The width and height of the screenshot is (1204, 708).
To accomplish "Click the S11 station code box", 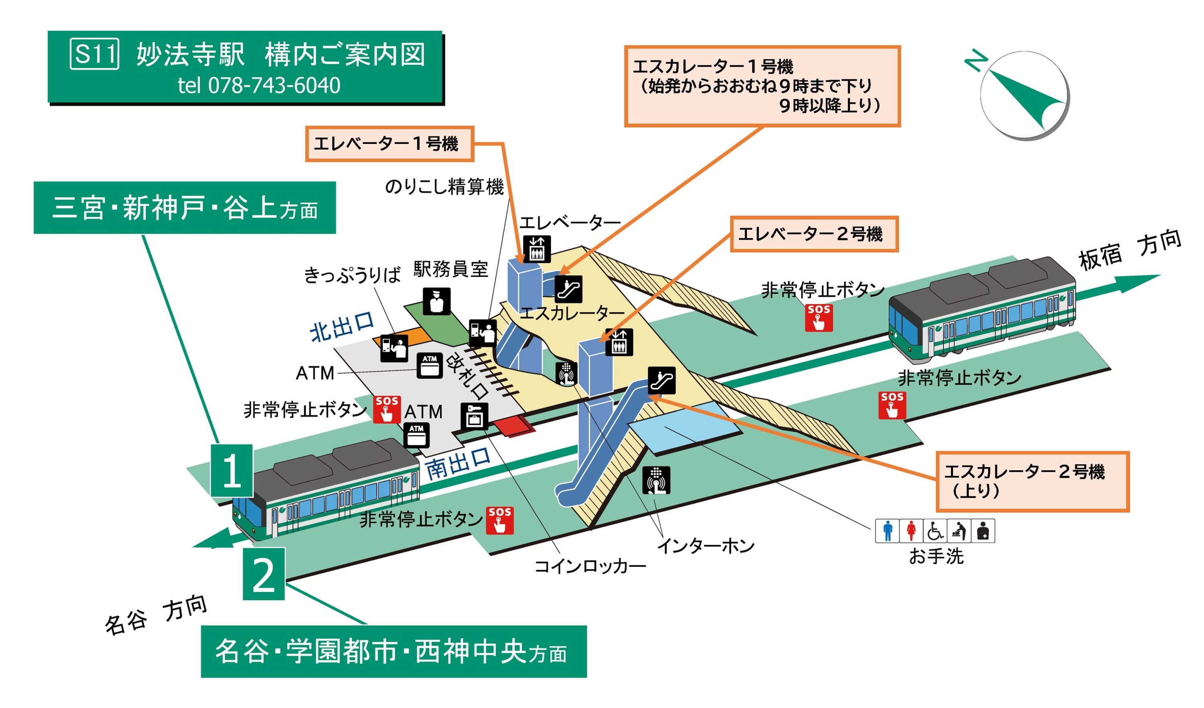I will point(94,54).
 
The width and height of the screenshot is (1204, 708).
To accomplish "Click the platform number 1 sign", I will point(232,470).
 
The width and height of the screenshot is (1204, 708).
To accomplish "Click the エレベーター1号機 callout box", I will point(389,144).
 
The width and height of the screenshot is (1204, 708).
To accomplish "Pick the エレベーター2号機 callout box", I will point(813,234).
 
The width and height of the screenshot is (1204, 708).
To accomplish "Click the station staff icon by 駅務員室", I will point(436,301).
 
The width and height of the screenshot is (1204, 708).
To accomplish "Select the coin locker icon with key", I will point(474,416).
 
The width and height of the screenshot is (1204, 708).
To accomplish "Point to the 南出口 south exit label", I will point(458,463).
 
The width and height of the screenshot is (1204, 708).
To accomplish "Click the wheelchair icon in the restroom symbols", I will point(934,531).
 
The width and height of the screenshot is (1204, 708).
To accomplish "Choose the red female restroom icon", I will point(911,531).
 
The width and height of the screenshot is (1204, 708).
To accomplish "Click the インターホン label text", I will point(706,546).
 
